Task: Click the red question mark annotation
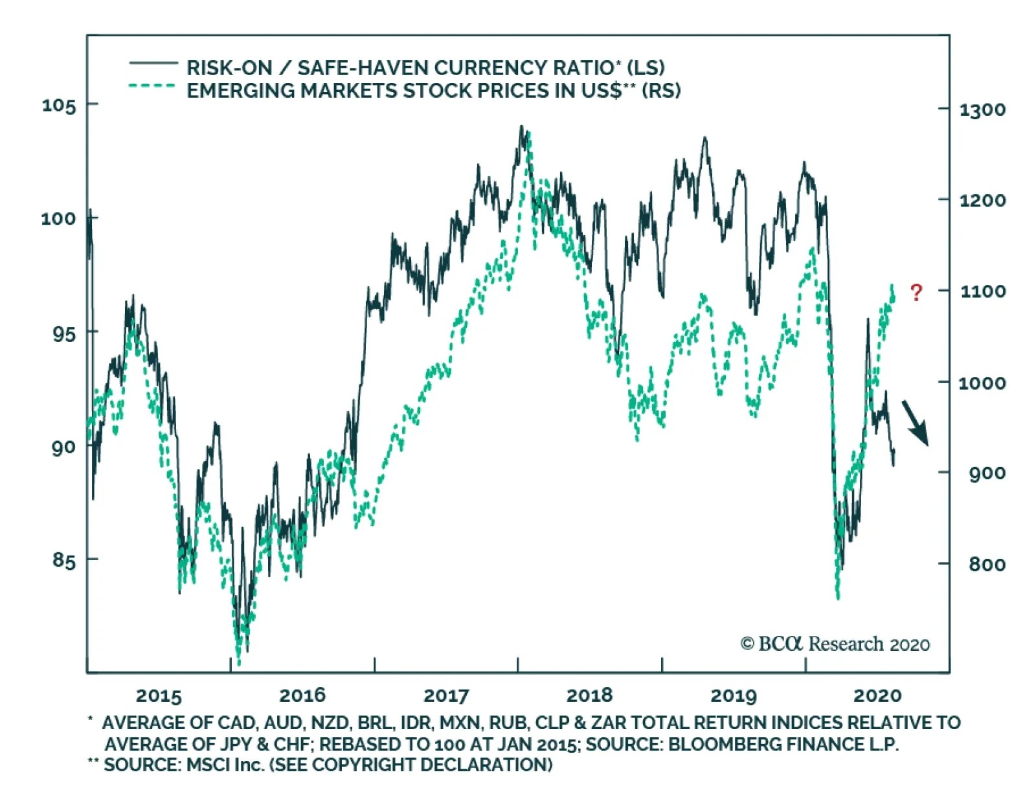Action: click(x=916, y=293)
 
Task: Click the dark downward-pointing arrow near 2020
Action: click(x=916, y=422)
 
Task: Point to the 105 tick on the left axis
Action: click(x=59, y=105)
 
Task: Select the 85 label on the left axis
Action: click(x=64, y=560)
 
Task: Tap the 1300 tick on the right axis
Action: click(x=982, y=110)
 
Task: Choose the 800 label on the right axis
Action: click(x=987, y=565)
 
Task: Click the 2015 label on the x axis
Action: click(x=159, y=696)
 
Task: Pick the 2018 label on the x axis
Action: click(x=589, y=696)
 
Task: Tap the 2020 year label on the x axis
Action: click(x=877, y=696)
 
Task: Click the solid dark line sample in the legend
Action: click(x=153, y=63)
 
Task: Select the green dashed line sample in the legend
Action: click(x=152, y=86)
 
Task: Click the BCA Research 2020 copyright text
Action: click(x=835, y=644)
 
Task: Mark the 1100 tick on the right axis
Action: click(x=982, y=291)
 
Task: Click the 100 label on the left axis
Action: click(x=59, y=218)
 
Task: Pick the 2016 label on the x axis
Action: click(x=302, y=696)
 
